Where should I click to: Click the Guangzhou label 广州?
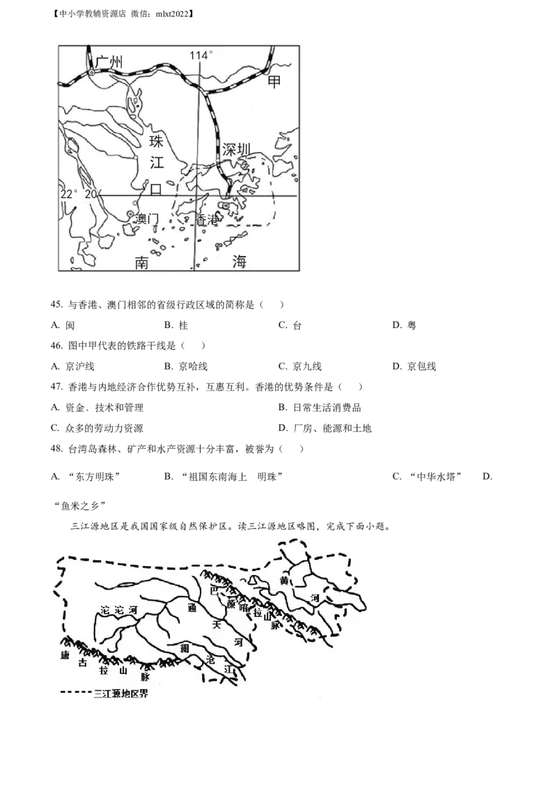click(x=110, y=63)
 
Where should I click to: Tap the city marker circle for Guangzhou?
click(x=91, y=72)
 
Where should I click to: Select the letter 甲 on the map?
click(x=275, y=82)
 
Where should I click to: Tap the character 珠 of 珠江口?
click(x=156, y=143)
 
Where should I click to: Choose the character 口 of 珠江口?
click(x=156, y=189)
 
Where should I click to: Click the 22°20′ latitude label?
click(x=80, y=195)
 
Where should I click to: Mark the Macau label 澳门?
click(x=148, y=219)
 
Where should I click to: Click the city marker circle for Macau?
click(x=130, y=214)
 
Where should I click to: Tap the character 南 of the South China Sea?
click(x=143, y=262)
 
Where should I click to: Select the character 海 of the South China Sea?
click(x=240, y=262)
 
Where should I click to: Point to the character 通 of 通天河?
click(x=192, y=607)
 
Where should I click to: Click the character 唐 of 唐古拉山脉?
click(x=65, y=655)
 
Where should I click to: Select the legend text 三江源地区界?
click(x=120, y=693)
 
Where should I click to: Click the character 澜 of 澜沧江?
click(x=184, y=648)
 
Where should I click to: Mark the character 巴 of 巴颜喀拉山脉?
click(x=214, y=590)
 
